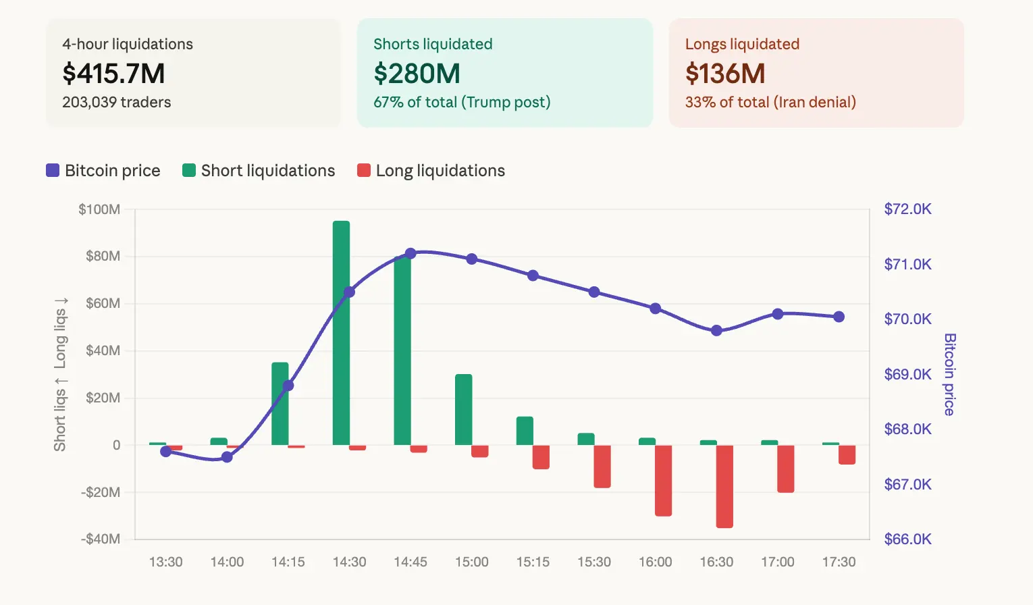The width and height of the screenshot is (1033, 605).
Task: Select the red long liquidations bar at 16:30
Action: (x=724, y=486)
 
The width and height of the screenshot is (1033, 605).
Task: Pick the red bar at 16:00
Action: (x=663, y=480)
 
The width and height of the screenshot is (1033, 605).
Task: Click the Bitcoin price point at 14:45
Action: (x=410, y=254)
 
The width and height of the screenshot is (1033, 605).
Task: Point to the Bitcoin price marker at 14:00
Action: (x=227, y=457)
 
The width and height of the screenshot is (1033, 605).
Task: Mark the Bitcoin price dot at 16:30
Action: (x=716, y=330)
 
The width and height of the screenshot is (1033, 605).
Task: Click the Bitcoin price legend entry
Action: (x=103, y=171)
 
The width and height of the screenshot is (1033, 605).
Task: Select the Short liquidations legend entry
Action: (x=259, y=171)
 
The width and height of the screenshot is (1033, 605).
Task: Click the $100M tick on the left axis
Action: (x=99, y=209)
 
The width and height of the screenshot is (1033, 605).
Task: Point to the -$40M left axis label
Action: (x=101, y=539)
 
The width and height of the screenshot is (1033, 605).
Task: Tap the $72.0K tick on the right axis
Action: (x=907, y=209)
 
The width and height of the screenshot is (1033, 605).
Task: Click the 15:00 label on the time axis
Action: (x=471, y=562)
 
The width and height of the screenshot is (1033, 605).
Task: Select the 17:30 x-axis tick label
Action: (x=839, y=562)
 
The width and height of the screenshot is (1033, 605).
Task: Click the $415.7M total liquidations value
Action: (x=113, y=74)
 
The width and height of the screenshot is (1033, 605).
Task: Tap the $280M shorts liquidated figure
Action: (x=417, y=74)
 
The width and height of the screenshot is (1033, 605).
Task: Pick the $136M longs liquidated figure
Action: (x=725, y=74)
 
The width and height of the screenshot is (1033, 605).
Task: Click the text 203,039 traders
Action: (x=116, y=103)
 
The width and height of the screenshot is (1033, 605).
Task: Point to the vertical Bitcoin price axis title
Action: (x=949, y=374)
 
